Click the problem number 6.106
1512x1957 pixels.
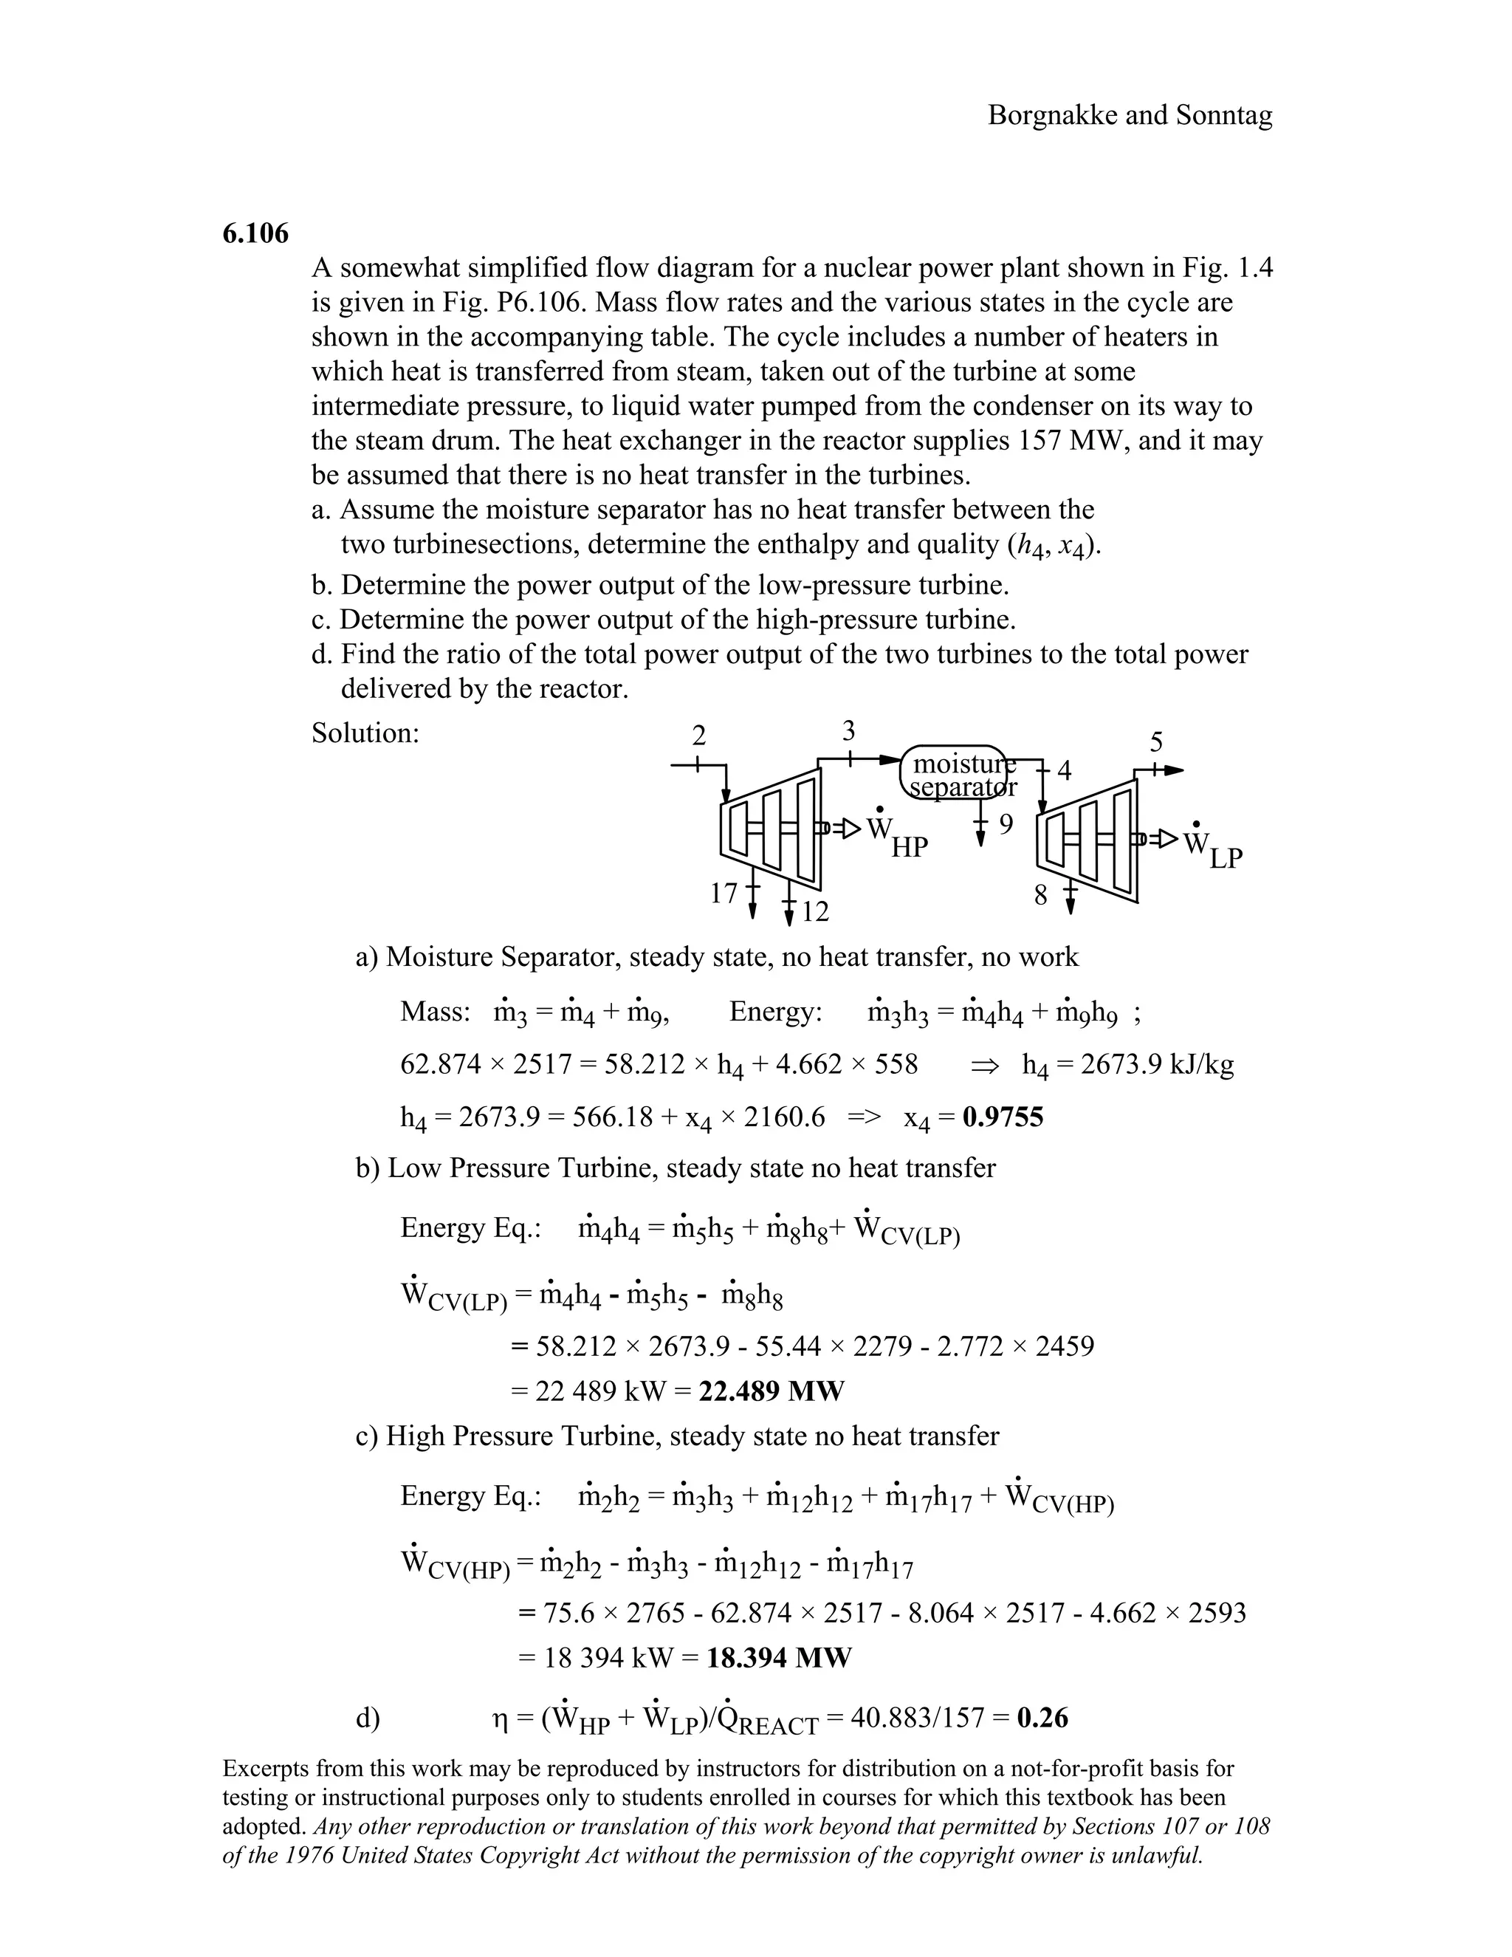pos(255,234)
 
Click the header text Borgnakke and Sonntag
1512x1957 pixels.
pos(1130,114)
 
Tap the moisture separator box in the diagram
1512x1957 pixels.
pos(955,773)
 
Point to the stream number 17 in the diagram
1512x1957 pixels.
pos(723,894)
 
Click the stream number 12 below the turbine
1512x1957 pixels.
pos(815,912)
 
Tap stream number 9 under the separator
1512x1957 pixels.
pos(1006,824)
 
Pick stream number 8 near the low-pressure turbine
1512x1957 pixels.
pos(1040,895)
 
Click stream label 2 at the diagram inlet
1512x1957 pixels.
pos(698,736)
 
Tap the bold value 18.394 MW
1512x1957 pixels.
pos(778,1658)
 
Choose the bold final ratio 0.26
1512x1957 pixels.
pos(1042,1718)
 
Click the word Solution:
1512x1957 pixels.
pos(365,733)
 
